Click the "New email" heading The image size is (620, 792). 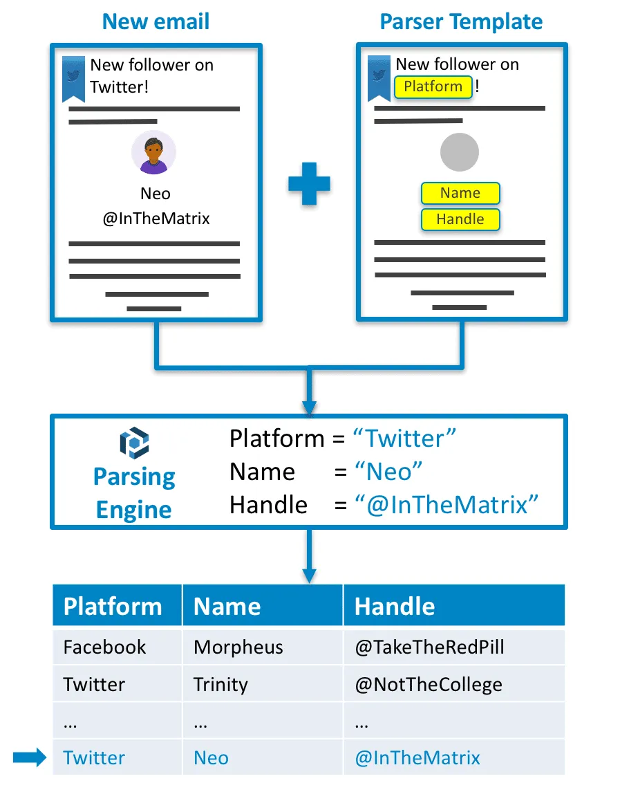point(156,21)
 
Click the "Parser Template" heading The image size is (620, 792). point(461,21)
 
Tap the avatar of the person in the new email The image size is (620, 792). point(153,152)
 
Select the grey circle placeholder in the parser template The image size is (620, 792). point(460,152)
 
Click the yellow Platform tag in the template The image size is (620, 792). point(433,87)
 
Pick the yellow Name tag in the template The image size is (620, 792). point(460,194)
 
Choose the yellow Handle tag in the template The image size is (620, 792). point(460,220)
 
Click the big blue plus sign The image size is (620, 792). point(308,183)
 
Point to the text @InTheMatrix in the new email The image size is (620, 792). point(156,219)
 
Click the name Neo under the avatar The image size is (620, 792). point(156,194)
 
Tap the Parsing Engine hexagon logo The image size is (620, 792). point(134,443)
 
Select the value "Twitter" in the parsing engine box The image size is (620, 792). point(404,439)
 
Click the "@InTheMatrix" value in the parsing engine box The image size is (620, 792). point(446,505)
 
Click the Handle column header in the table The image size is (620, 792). point(395,607)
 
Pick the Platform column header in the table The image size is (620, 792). point(113,607)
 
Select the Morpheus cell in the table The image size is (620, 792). point(238,647)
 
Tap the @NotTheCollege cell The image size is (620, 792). point(429,685)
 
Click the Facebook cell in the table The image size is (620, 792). point(105,647)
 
